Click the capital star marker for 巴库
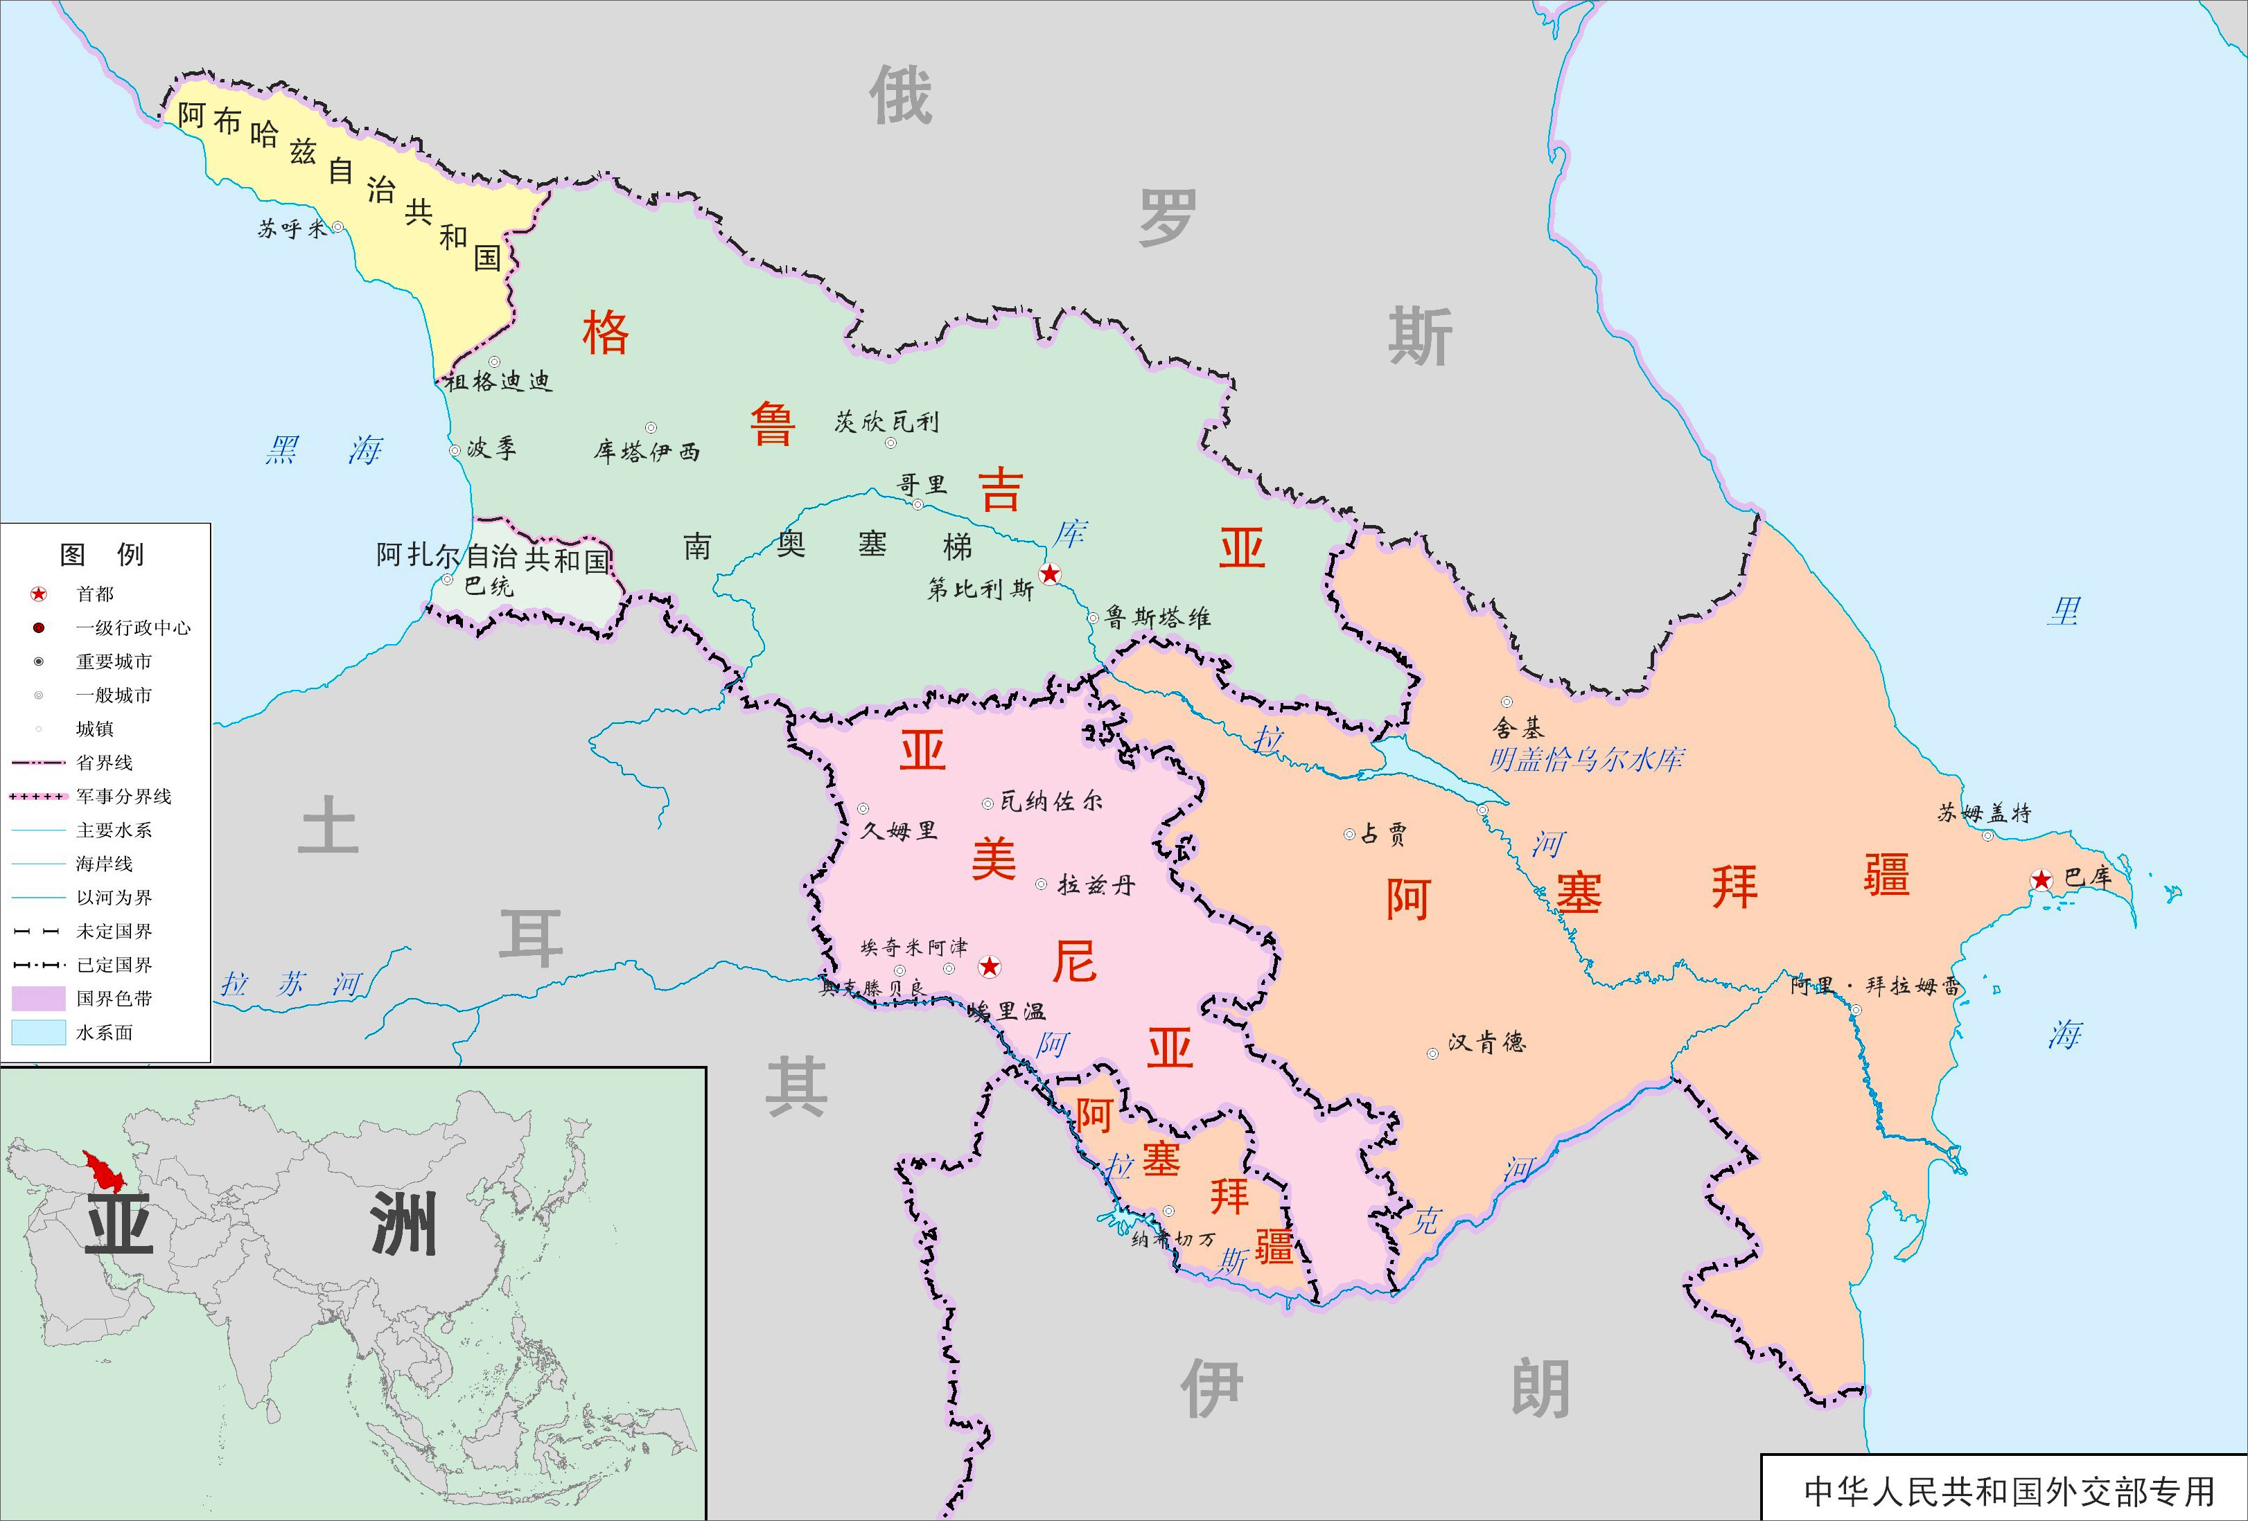[x=2040, y=880]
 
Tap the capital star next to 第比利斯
[x=1050, y=574]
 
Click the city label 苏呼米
[x=292, y=229]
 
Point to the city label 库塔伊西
[x=646, y=451]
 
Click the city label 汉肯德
[x=1486, y=1042]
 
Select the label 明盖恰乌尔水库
[x=1586, y=760]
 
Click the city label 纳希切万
[x=1173, y=1240]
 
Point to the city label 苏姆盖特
[x=1984, y=813]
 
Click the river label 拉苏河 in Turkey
[x=290, y=984]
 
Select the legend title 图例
[x=103, y=554]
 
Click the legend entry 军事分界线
[x=124, y=797]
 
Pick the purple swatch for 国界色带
[x=39, y=998]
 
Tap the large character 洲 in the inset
[x=403, y=1223]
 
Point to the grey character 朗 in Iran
[x=1540, y=1389]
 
